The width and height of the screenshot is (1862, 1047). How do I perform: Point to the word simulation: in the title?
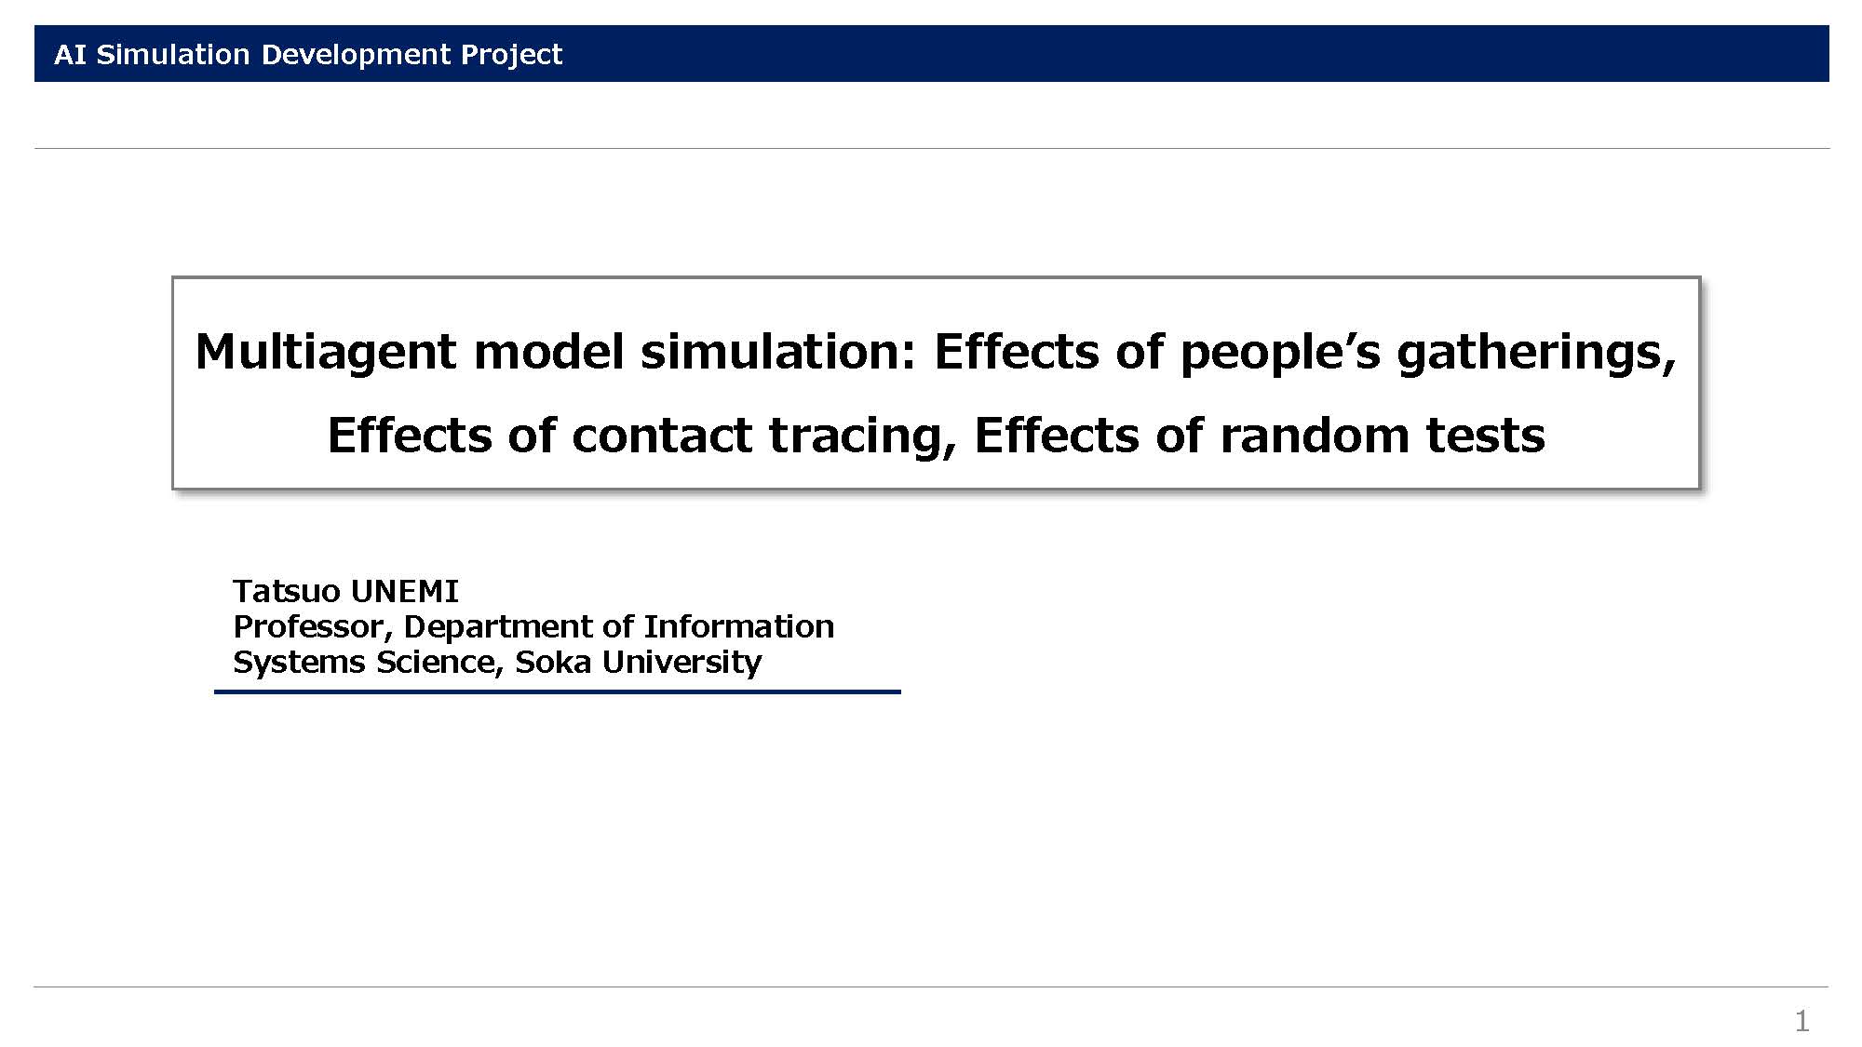click(778, 352)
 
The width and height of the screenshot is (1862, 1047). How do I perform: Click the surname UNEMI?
click(405, 591)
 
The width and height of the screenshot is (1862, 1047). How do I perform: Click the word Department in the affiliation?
click(500, 627)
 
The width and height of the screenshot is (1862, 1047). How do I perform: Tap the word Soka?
click(554, 662)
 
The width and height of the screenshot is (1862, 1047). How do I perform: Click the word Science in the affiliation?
click(439, 663)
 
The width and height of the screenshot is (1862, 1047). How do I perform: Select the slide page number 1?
click(1802, 1021)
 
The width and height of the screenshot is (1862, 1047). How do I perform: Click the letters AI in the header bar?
click(70, 54)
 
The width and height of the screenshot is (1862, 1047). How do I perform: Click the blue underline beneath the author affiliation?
click(558, 691)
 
